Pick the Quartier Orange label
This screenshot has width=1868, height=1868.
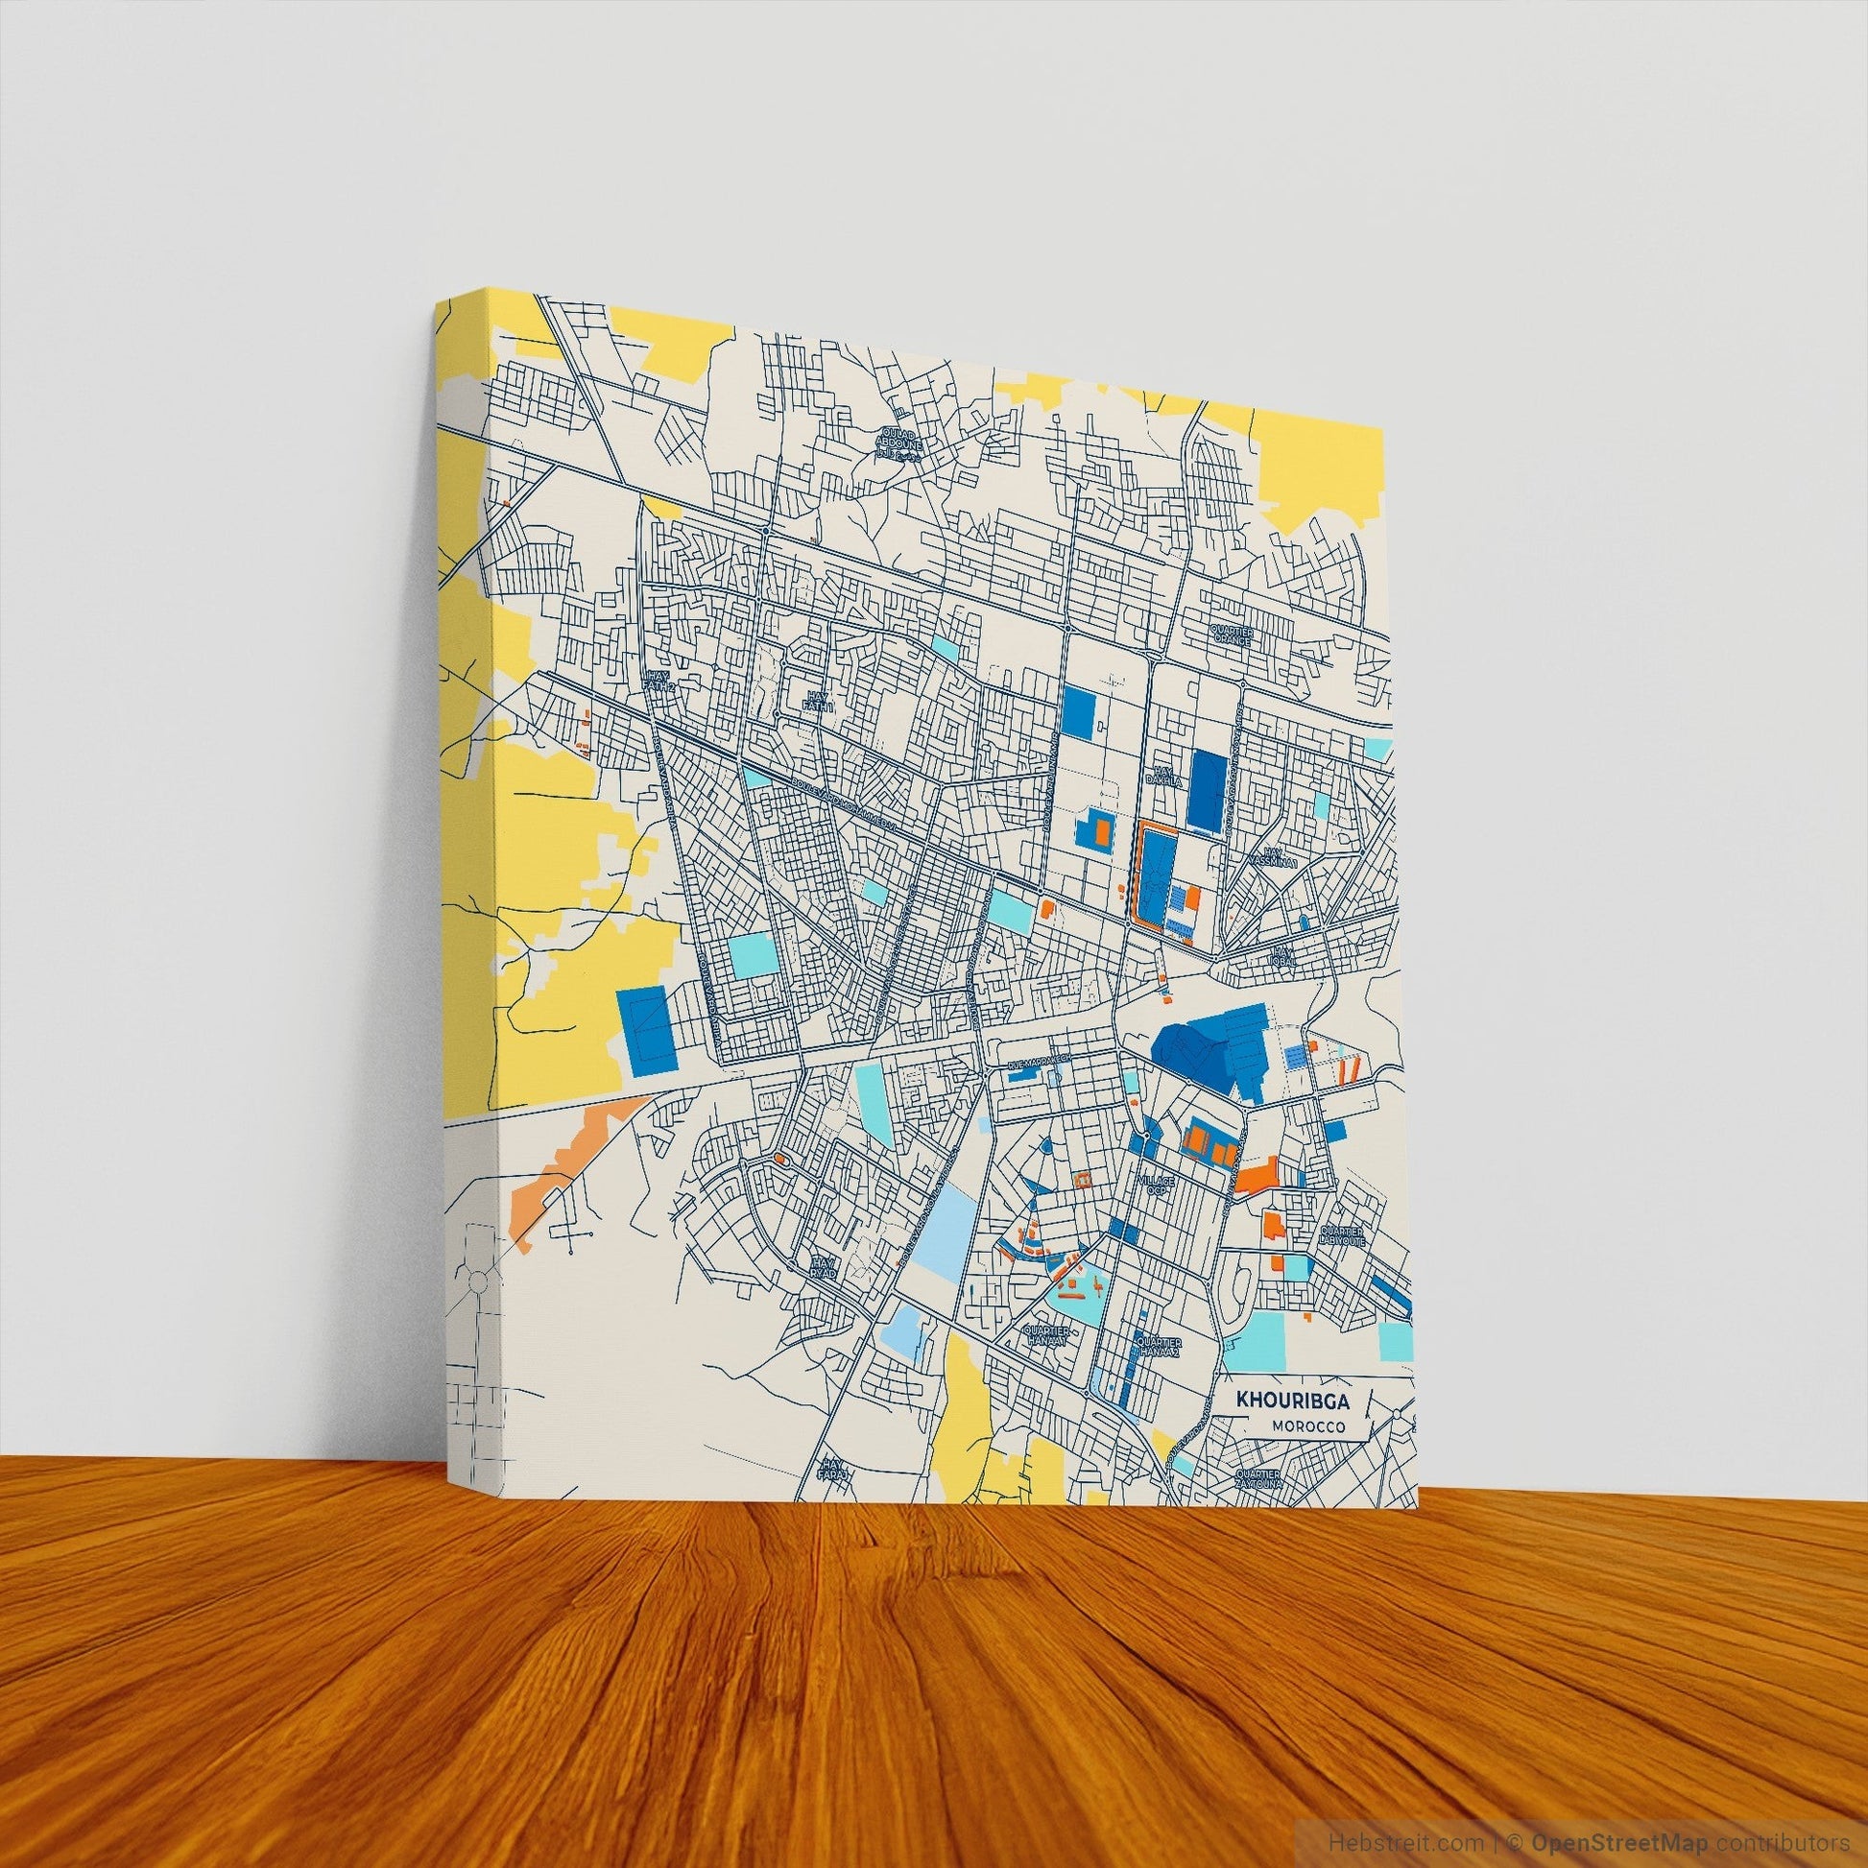pyautogui.click(x=1232, y=635)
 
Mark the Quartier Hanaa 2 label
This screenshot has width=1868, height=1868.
pyautogui.click(x=1159, y=1349)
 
